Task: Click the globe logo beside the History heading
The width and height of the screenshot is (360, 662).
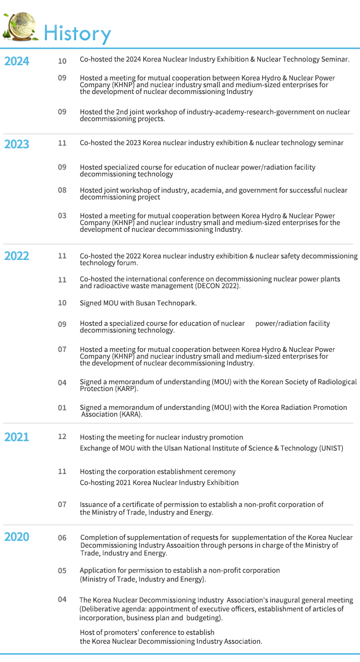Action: (x=21, y=26)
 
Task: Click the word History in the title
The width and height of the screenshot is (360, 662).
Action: (x=77, y=33)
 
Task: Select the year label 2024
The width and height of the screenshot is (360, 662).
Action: (x=17, y=62)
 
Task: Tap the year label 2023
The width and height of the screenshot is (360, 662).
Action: (x=17, y=144)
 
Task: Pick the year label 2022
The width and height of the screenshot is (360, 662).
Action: (x=17, y=256)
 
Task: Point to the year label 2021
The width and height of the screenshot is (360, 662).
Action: (x=17, y=438)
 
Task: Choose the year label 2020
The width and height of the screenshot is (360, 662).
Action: (x=17, y=537)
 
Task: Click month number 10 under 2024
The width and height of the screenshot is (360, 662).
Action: (x=62, y=61)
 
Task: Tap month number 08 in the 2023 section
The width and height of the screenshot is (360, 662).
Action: (x=62, y=190)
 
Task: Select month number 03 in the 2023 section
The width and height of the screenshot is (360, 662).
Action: (x=62, y=216)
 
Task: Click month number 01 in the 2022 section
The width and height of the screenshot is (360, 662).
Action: (x=62, y=408)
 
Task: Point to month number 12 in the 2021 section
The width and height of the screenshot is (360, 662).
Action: (x=62, y=436)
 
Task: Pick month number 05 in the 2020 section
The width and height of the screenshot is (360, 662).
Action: (x=62, y=571)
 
